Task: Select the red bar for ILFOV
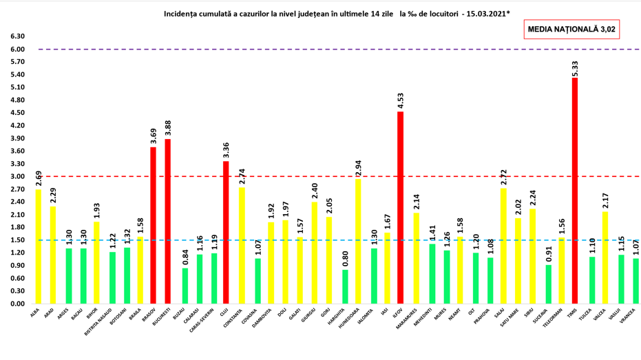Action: [x=400, y=207]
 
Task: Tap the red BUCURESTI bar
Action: [x=167, y=221]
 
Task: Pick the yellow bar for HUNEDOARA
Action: [x=357, y=241]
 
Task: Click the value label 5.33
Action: [x=575, y=69]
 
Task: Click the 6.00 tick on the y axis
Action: [x=17, y=50]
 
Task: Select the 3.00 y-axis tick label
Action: [x=17, y=176]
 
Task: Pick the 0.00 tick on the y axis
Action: [x=17, y=304]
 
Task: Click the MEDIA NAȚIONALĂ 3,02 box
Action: [x=571, y=30]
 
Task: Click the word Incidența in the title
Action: [x=183, y=13]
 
